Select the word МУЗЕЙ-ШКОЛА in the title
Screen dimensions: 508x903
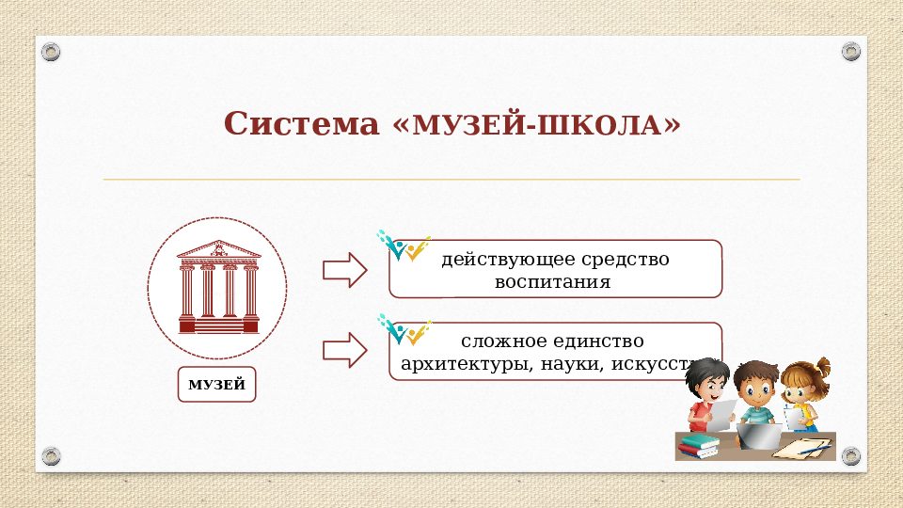[539, 125]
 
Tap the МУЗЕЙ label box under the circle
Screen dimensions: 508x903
[216, 385]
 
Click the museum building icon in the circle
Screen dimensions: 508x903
[218, 286]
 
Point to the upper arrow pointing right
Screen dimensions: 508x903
[343, 270]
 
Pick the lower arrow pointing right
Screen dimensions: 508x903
[343, 350]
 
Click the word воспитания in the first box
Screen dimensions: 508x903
[554, 281]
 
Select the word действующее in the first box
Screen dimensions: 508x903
[493, 259]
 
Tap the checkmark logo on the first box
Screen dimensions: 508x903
[404, 246]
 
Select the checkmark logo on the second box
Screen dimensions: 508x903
[404, 329]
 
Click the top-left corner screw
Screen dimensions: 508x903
[52, 50]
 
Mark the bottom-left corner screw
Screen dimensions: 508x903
[52, 456]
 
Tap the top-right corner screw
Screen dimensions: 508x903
[850, 50]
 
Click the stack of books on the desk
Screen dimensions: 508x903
[699, 444]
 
